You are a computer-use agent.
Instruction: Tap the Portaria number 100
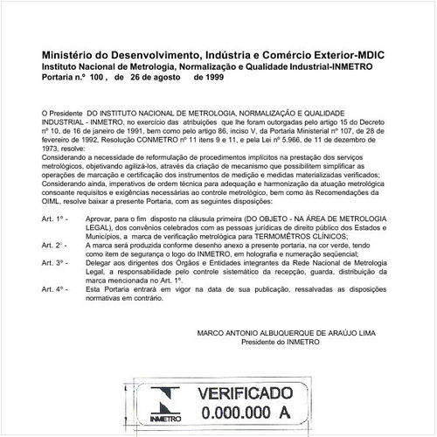click(x=98, y=76)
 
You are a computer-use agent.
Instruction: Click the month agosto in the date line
click(x=153, y=76)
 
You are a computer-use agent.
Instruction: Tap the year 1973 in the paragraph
click(x=51, y=148)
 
